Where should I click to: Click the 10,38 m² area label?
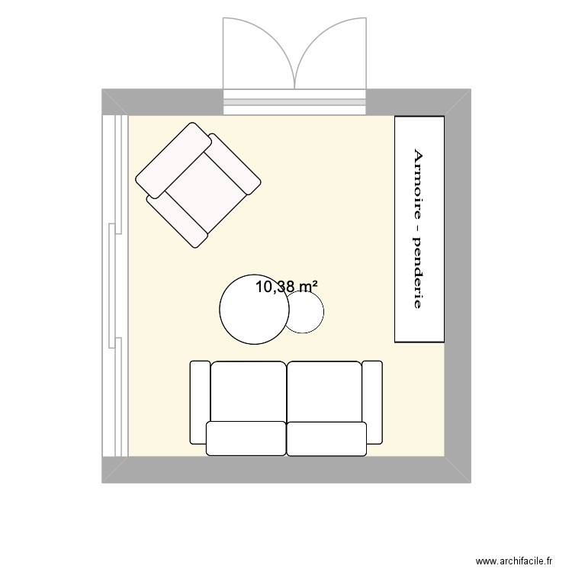tap(286, 288)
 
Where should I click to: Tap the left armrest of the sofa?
tap(199, 402)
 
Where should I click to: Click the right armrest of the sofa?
tap(372, 402)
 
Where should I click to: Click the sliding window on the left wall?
tap(116, 286)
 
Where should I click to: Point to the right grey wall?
tap(458, 286)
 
